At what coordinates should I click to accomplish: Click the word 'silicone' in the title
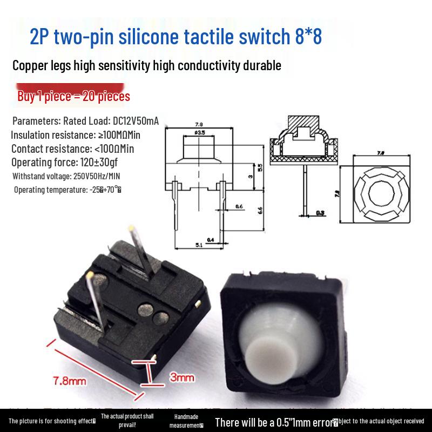pos(173,38)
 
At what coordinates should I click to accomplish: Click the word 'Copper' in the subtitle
pos(32,66)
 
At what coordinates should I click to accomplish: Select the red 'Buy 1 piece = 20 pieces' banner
pos(74,97)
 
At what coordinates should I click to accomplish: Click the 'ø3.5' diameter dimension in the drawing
pos(199,132)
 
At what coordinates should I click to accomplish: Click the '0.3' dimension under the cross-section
pos(320,213)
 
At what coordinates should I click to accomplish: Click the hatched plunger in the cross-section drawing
pos(305,124)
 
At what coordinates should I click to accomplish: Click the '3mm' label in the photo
pos(182,378)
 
